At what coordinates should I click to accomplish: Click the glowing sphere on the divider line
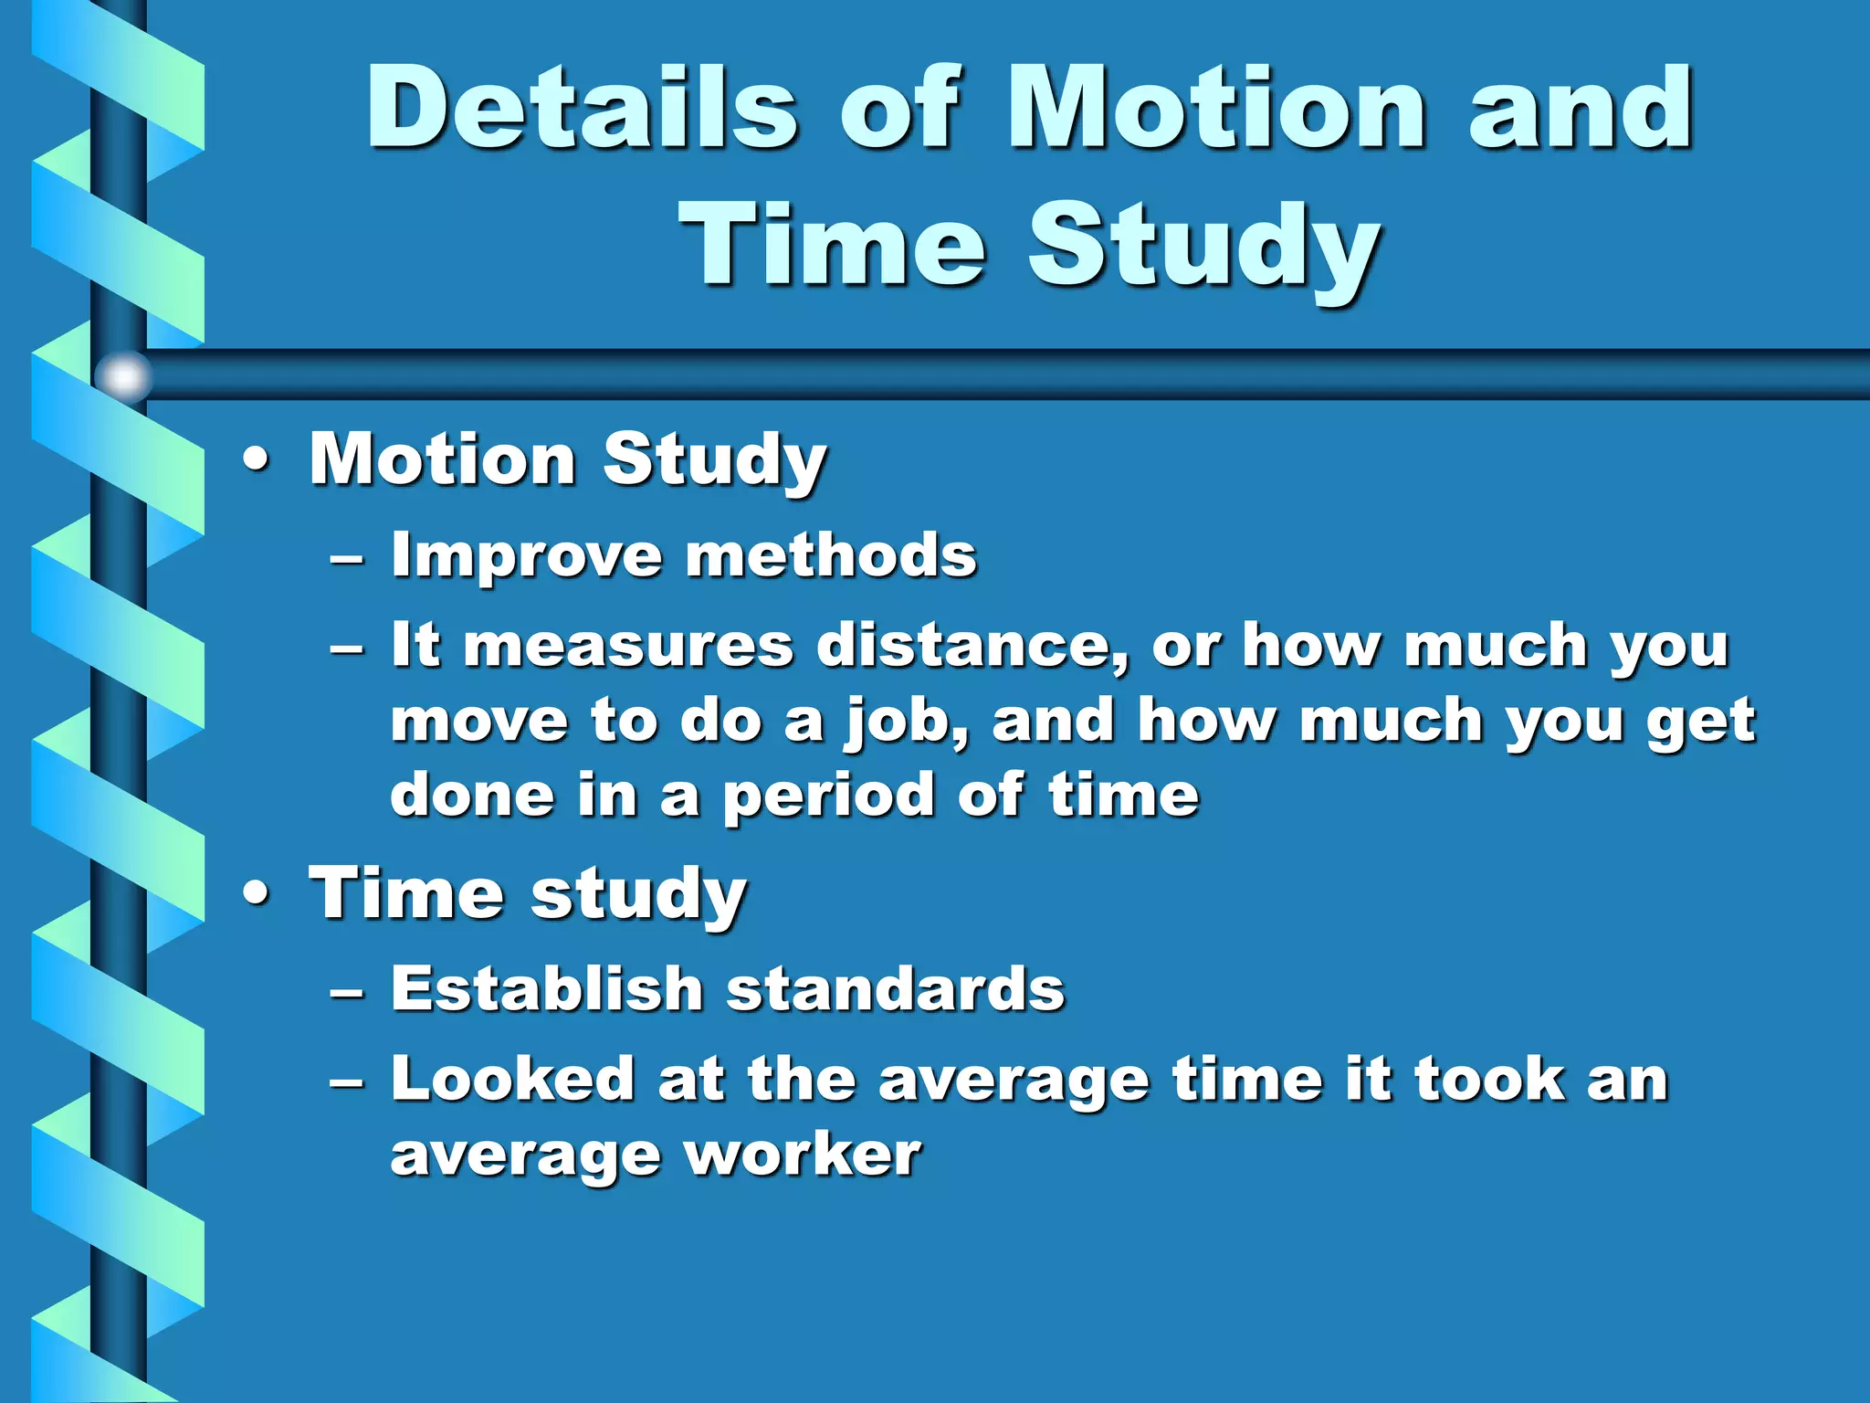(123, 376)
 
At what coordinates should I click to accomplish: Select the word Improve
(526, 555)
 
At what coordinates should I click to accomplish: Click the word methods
(830, 555)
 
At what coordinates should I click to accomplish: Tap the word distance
(973, 645)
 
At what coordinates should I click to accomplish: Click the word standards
(896, 988)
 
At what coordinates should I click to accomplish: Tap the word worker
(803, 1155)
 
